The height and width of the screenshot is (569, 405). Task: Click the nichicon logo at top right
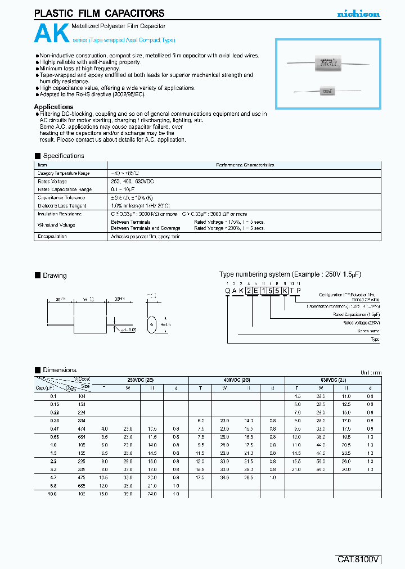click(358, 14)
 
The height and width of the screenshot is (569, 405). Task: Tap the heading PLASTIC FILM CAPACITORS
click(100, 13)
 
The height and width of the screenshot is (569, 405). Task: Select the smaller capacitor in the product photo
click(325, 90)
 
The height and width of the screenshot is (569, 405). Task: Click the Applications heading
click(53, 107)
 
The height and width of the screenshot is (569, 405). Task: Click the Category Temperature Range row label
click(64, 174)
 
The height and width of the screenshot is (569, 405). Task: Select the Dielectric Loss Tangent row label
click(62, 206)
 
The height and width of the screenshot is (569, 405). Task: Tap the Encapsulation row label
click(52, 237)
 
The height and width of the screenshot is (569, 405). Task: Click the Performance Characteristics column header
click(245, 165)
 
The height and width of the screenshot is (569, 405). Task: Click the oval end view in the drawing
click(151, 326)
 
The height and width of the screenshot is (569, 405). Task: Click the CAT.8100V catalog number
click(359, 559)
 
